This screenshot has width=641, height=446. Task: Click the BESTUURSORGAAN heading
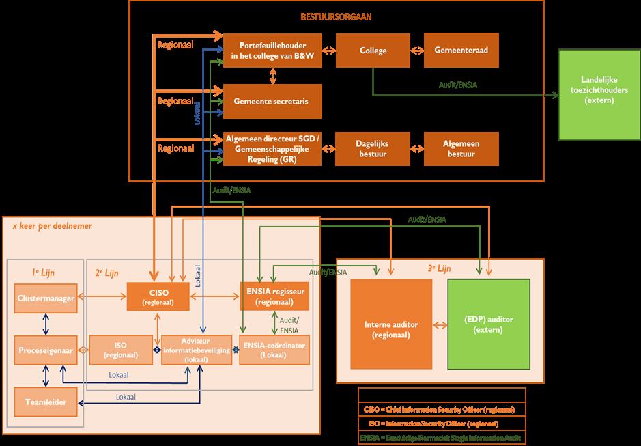click(x=336, y=17)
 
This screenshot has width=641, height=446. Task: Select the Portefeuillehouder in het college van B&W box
click(x=272, y=50)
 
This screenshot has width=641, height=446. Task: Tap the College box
click(x=373, y=50)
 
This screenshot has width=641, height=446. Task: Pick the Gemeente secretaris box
click(x=272, y=101)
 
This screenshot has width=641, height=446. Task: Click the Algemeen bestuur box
click(x=461, y=149)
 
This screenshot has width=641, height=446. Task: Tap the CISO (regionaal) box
click(x=158, y=296)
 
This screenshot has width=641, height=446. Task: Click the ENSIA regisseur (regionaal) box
click(x=273, y=296)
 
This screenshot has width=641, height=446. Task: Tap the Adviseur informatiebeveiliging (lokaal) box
click(x=197, y=350)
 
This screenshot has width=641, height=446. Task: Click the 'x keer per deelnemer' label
click(x=53, y=226)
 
